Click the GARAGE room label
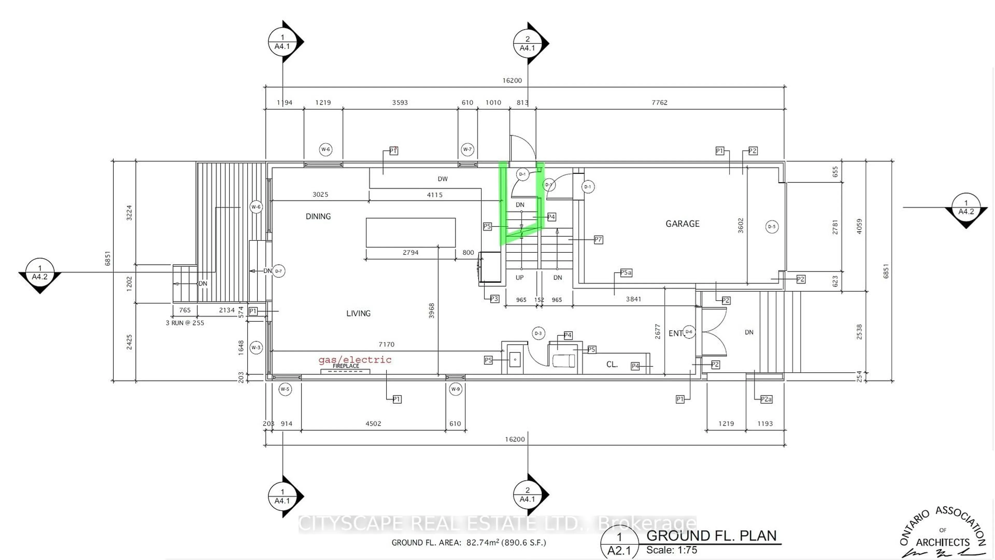(x=682, y=224)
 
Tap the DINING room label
(x=318, y=216)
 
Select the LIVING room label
(x=358, y=313)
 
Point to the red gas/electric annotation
(x=354, y=360)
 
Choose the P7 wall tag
(x=598, y=240)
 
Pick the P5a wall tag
(x=626, y=273)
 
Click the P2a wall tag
(x=766, y=399)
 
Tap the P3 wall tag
(x=494, y=299)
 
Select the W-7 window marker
(x=467, y=149)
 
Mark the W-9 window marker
(x=456, y=389)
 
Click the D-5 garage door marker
(x=771, y=227)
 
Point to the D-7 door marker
(x=279, y=271)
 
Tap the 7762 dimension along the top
(x=659, y=102)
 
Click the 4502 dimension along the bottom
(x=373, y=424)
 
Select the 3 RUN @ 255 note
(x=185, y=323)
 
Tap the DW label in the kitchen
(x=442, y=179)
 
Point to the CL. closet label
(x=612, y=365)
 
